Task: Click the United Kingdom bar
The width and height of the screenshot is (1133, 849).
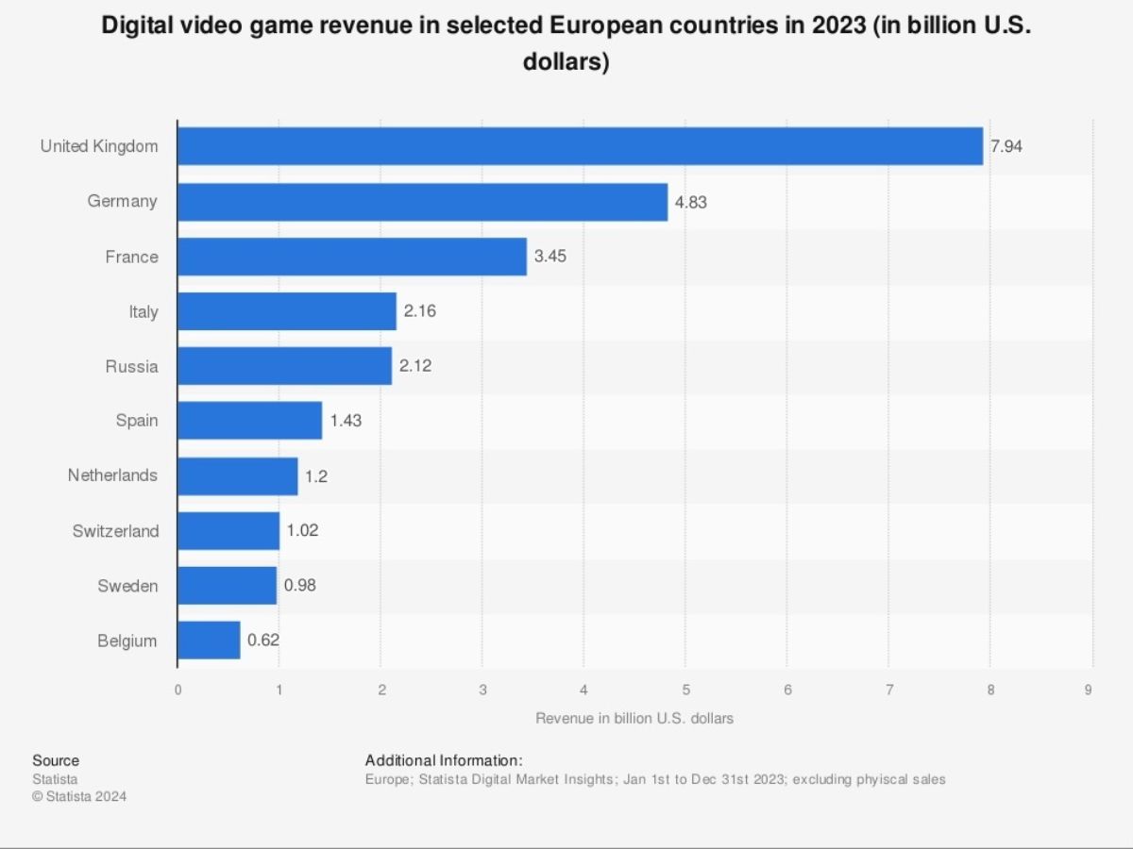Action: click(580, 146)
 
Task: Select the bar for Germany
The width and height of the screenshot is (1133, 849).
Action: click(422, 202)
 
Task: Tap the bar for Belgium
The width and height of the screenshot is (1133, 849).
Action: click(209, 641)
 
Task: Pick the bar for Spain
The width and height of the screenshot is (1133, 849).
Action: click(249, 421)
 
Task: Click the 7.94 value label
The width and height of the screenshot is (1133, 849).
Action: click(1006, 146)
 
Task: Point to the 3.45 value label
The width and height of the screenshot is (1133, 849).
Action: click(550, 257)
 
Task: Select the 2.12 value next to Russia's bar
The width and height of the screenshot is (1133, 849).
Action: click(415, 366)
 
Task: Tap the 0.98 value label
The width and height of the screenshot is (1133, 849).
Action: click(300, 586)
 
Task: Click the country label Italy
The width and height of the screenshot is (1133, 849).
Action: click(144, 311)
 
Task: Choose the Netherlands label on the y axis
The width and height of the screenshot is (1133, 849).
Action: click(112, 475)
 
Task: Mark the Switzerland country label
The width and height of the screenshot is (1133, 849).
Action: click(115, 531)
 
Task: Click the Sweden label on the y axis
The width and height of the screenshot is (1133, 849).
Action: click(127, 586)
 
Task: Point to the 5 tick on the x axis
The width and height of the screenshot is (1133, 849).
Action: click(685, 690)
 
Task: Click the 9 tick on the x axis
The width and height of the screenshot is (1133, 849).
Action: click(1089, 690)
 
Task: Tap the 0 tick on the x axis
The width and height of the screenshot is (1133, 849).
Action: click(178, 690)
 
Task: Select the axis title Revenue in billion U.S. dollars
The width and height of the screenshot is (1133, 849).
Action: click(634, 718)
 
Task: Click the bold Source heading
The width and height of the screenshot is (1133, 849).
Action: click(56, 760)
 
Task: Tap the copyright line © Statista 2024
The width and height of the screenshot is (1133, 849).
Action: click(79, 796)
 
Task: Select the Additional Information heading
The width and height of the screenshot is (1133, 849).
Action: click(444, 760)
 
